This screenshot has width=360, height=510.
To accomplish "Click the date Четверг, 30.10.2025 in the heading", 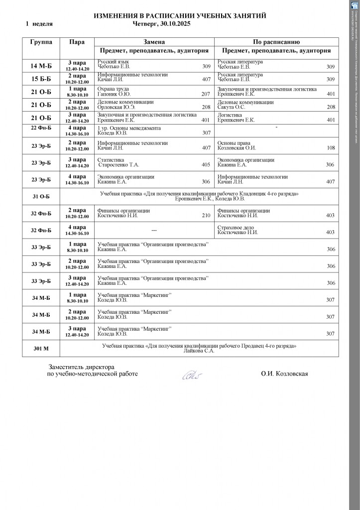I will (163, 23).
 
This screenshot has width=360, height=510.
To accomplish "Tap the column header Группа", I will (41, 42).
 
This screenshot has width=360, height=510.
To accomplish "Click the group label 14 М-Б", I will (41, 66).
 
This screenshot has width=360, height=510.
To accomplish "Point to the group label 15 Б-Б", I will (41, 79).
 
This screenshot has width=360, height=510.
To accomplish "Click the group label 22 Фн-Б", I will (41, 128).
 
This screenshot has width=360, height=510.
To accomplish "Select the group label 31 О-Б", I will (41, 196).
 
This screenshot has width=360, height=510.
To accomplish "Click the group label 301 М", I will (41, 349).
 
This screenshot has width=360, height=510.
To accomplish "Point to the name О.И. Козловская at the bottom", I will (284, 374).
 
